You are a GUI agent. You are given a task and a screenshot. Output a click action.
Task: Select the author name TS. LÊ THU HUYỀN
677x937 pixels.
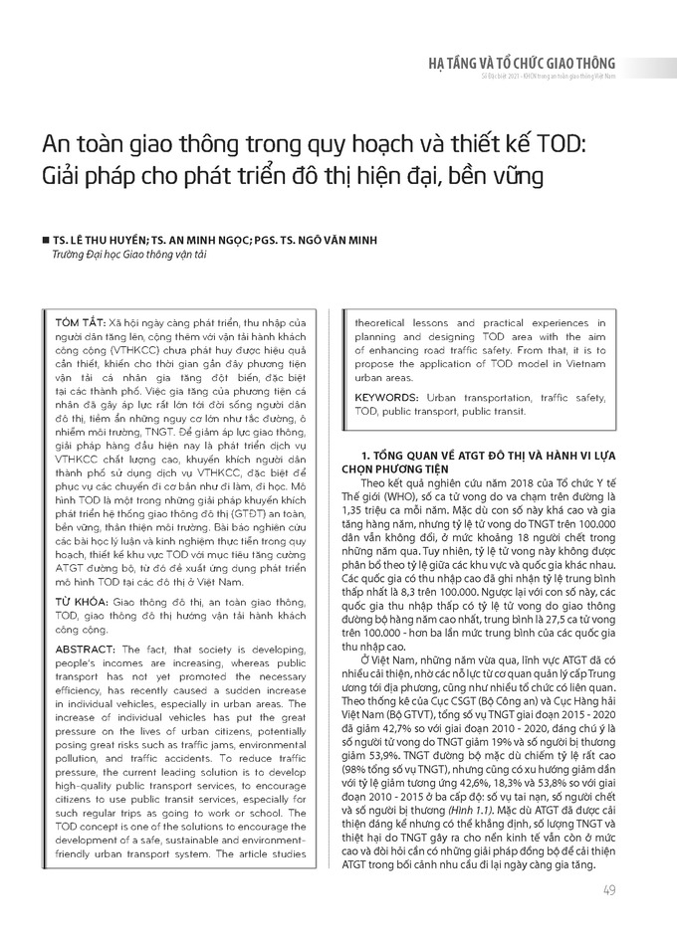(96, 241)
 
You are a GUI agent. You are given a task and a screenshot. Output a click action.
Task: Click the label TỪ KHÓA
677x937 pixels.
(76, 575)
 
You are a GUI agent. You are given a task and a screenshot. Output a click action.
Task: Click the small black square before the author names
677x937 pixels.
(46, 241)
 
